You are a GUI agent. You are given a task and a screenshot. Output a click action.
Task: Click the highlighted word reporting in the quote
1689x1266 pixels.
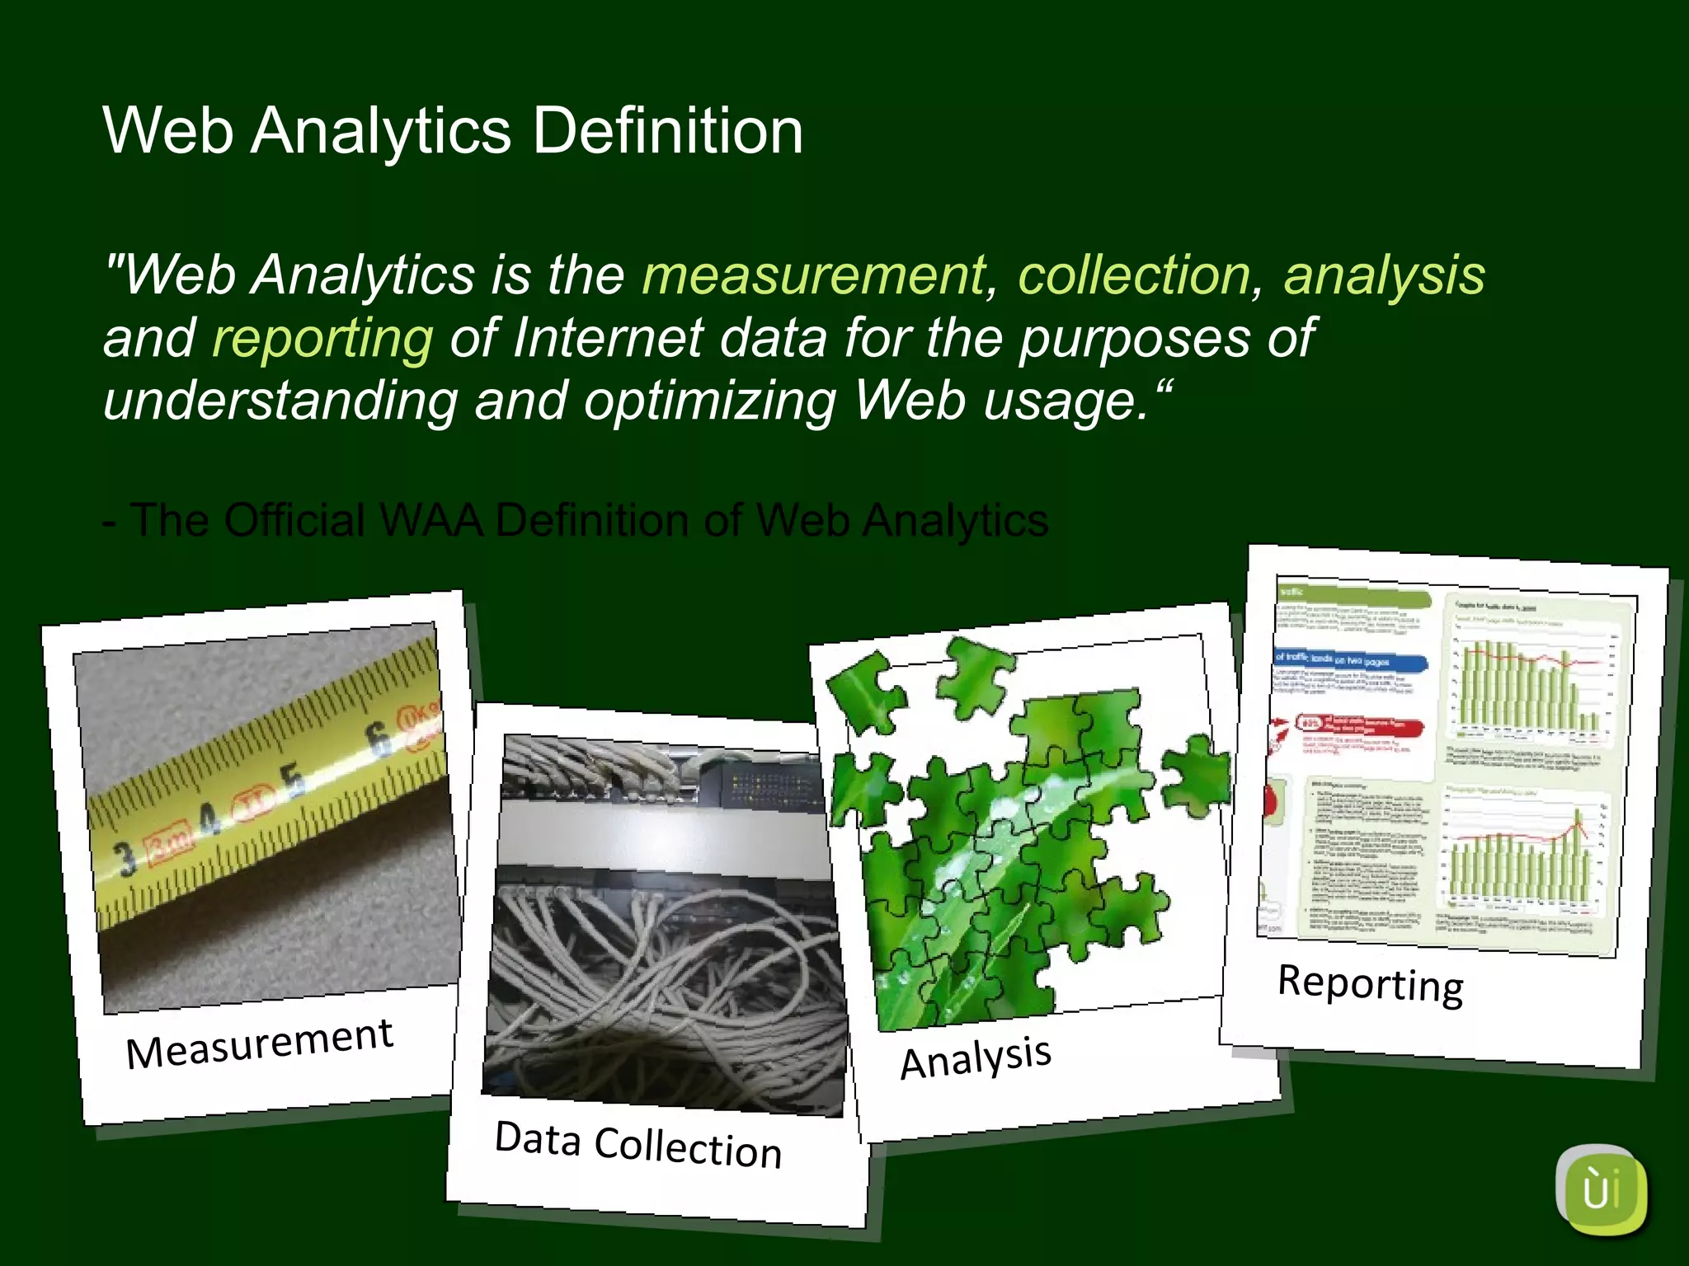coord(322,338)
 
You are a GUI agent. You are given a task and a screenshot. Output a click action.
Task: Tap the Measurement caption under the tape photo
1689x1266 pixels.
coord(259,1043)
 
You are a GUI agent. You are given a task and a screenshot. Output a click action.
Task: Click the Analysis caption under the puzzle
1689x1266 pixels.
coord(976,1057)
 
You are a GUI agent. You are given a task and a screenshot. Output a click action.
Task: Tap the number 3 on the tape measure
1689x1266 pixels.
coord(125,858)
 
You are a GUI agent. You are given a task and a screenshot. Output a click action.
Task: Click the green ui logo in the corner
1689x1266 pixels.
coord(1601,1190)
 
